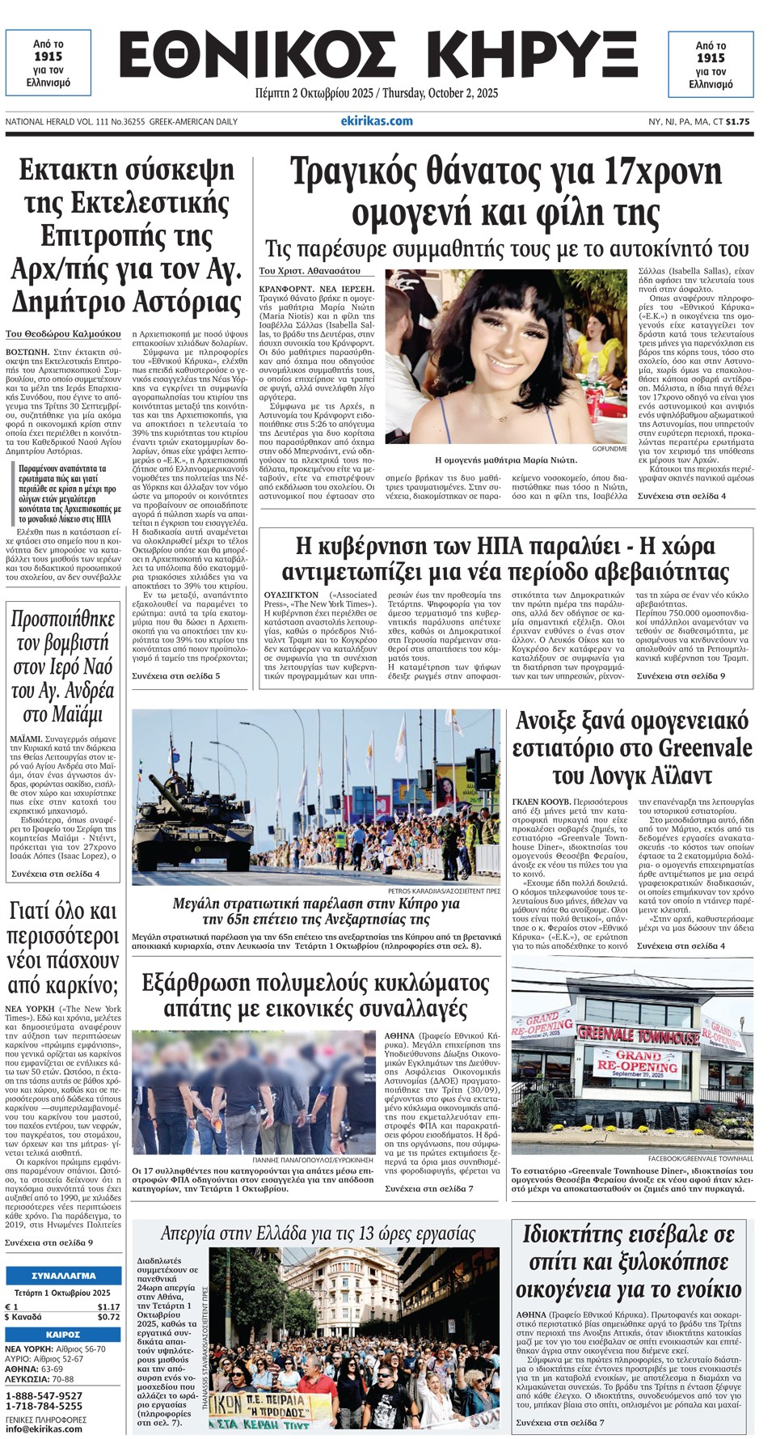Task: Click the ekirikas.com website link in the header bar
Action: (x=377, y=121)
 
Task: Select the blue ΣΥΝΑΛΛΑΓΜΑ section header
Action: (x=63, y=1276)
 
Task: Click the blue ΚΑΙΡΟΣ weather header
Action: (x=63, y=1334)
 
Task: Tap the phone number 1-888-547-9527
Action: (x=44, y=1395)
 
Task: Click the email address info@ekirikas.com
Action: (x=44, y=1429)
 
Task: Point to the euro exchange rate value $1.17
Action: (x=108, y=1306)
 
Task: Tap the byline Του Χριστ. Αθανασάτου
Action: (x=310, y=271)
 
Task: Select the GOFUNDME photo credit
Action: (x=609, y=448)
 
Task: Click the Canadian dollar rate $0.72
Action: (x=108, y=1317)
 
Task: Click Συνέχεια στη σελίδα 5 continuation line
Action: (x=175, y=675)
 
